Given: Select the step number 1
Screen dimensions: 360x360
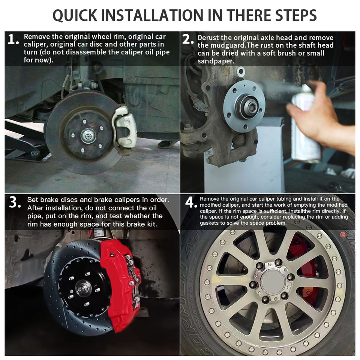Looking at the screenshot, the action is [x=13, y=39].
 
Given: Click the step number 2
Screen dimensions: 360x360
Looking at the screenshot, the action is [x=188, y=39].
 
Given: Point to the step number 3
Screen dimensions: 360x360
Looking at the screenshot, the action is [x=15, y=202].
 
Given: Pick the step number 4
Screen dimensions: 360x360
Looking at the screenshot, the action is [x=191, y=202].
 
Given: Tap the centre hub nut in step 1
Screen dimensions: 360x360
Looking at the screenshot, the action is [x=88, y=136].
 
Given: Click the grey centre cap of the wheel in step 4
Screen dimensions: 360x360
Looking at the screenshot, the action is [x=273, y=281].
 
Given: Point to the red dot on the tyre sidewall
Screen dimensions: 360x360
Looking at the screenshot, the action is [x=342, y=235].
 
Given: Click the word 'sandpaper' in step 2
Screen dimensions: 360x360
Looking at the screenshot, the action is [x=215, y=61].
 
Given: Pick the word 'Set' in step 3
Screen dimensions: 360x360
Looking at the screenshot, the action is [x=32, y=199].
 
